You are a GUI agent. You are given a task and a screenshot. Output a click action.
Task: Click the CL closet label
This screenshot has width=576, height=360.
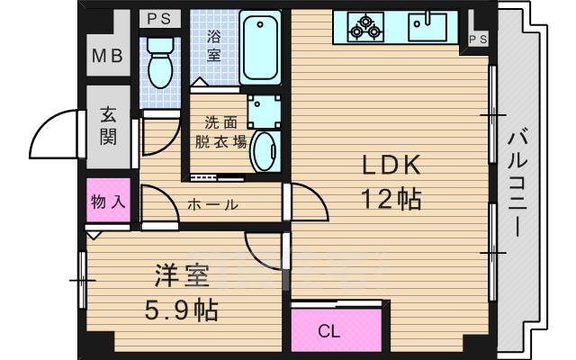(329, 331)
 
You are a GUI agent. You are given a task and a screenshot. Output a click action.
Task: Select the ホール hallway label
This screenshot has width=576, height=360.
(212, 205)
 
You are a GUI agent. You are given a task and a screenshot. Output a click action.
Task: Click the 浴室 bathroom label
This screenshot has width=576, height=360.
(213, 44)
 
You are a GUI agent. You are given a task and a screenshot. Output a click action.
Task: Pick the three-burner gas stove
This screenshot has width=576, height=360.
(364, 27)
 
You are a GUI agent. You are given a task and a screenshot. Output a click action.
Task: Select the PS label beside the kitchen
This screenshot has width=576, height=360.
(478, 38)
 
